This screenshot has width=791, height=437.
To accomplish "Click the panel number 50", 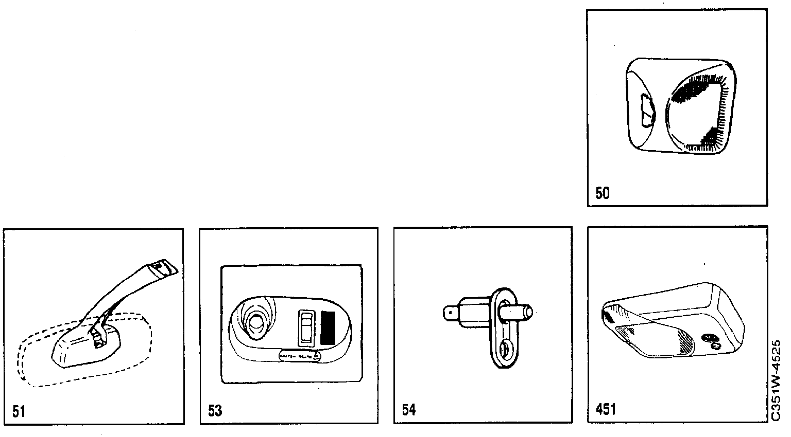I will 602,194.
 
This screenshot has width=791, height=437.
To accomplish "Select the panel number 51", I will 19,411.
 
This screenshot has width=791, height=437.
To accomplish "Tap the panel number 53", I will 215,411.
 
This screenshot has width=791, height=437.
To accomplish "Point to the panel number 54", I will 408,410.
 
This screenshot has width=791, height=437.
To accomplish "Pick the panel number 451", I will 605,409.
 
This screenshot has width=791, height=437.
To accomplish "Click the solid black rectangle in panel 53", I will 328,327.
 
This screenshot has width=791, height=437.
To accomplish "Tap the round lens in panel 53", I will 254,323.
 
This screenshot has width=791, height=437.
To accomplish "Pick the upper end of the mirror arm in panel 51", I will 164,267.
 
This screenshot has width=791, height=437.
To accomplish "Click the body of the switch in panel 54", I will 474,312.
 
